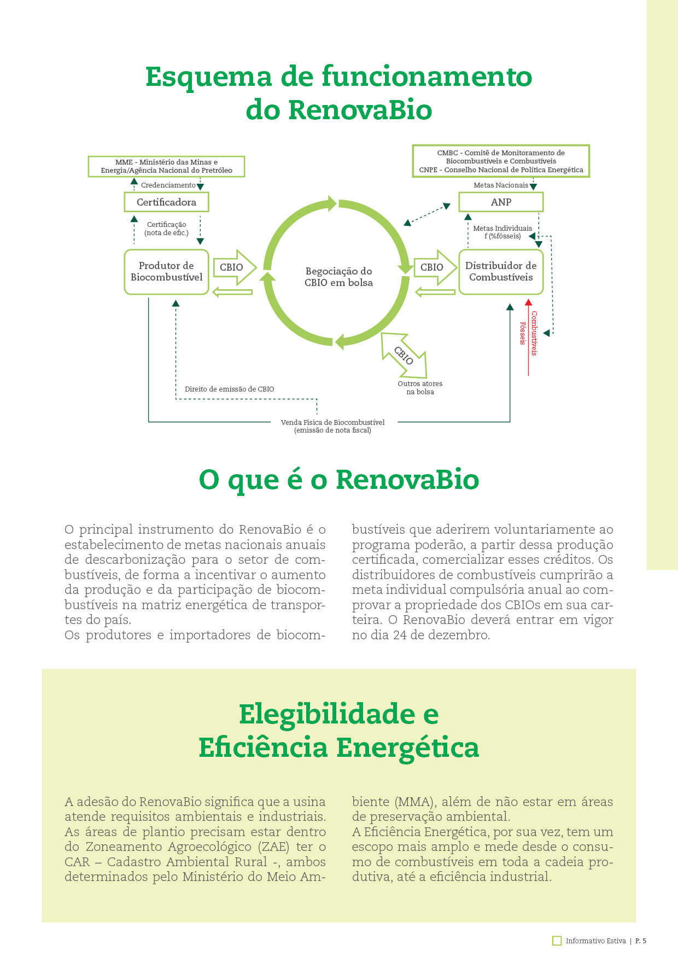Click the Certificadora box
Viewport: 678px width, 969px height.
click(x=166, y=202)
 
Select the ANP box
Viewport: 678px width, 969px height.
click(x=501, y=202)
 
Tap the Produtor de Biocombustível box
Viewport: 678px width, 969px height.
click(x=166, y=272)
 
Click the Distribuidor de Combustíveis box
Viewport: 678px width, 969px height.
click(x=501, y=272)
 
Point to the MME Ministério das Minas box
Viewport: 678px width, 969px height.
click(x=166, y=166)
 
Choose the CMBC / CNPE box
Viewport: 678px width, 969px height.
click(x=501, y=161)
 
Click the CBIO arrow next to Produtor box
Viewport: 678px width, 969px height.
click(x=234, y=267)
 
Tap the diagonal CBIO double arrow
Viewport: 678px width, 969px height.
click(x=404, y=355)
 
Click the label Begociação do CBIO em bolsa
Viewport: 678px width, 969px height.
click(x=338, y=277)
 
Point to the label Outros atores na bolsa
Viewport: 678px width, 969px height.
click(x=420, y=388)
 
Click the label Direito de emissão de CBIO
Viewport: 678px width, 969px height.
click(x=229, y=389)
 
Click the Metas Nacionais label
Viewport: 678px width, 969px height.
click(x=500, y=185)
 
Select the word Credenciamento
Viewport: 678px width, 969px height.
click(x=168, y=185)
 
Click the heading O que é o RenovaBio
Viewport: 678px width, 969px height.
click(x=338, y=480)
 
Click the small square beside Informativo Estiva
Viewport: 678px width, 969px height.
click(x=557, y=941)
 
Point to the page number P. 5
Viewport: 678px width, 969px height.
click(x=640, y=941)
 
